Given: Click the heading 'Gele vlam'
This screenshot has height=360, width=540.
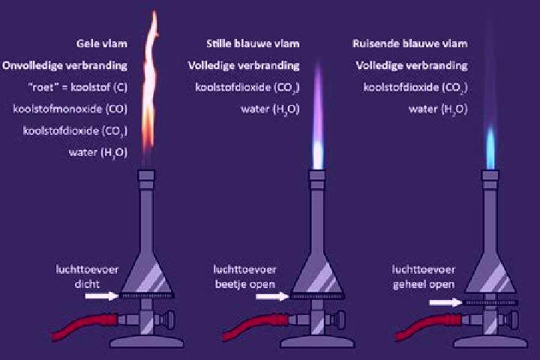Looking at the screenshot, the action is pyautogui.click(x=101, y=43).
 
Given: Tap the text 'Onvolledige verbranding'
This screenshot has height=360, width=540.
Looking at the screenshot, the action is pyautogui.click(x=64, y=65).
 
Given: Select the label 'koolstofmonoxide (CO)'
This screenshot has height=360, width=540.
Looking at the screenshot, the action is pyautogui.click(x=70, y=109).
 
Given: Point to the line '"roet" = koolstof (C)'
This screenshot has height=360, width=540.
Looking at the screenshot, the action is pyautogui.click(x=78, y=87).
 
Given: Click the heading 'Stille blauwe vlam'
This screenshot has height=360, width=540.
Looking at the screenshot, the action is pyautogui.click(x=253, y=43).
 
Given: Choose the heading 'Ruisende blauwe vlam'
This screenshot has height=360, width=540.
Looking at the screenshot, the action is pyautogui.click(x=409, y=43).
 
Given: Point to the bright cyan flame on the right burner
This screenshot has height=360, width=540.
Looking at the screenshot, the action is pyautogui.click(x=490, y=148).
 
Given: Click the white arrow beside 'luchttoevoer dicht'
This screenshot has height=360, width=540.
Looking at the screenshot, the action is pyautogui.click(x=101, y=295).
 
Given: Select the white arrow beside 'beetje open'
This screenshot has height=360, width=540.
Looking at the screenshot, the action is pyautogui.click(x=272, y=296).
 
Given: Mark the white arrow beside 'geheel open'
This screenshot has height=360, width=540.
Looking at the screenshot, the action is pyautogui.click(x=445, y=302).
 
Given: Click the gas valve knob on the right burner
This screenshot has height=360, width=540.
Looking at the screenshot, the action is pyautogui.click(x=513, y=319).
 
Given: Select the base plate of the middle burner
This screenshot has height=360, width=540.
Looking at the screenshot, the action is pyautogui.click(x=317, y=342).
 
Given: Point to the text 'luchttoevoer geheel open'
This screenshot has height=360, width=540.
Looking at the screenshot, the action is pyautogui.click(x=424, y=277).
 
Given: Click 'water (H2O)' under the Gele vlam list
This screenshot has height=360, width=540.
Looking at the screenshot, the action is pyautogui.click(x=98, y=152).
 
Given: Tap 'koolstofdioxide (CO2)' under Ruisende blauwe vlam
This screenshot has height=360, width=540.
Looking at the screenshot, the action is pyautogui.click(x=415, y=88).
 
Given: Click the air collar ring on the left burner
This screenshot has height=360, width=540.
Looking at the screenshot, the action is pyautogui.click(x=146, y=295).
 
